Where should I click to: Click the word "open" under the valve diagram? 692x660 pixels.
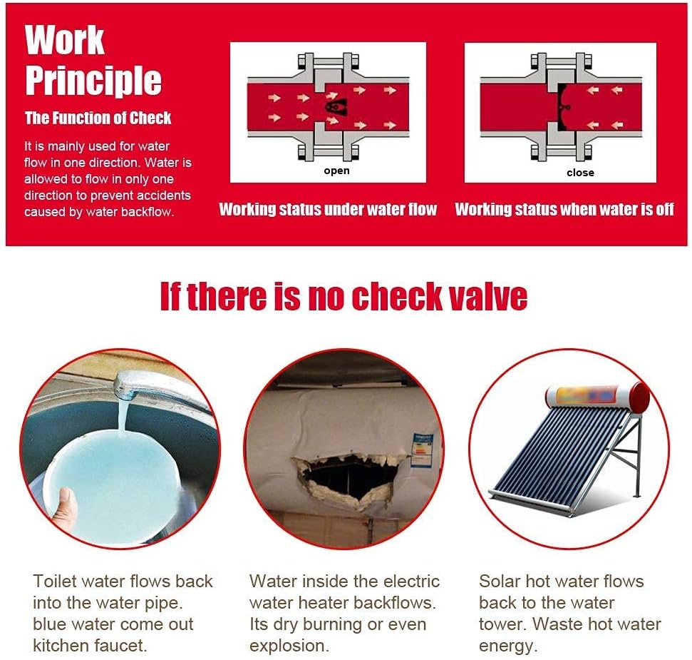336,171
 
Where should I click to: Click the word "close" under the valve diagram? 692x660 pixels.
580,173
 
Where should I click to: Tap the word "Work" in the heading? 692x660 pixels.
64,40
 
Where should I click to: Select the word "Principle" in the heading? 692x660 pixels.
93,81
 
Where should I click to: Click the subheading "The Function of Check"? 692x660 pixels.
98,118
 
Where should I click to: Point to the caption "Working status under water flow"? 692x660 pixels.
328,209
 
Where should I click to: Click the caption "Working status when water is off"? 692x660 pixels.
564,209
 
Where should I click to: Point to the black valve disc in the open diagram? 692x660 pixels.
336,106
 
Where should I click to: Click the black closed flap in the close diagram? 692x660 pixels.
562,107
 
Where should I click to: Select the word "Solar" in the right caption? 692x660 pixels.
499,582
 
